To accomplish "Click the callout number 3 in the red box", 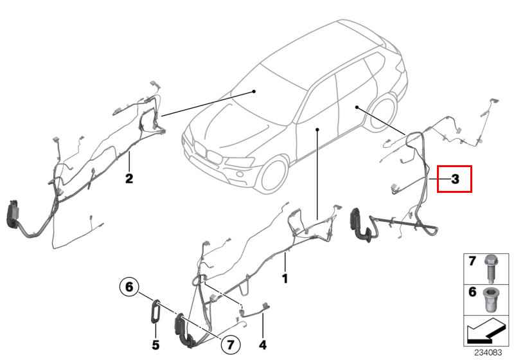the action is tap(455, 179).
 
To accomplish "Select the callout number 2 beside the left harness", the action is tap(129, 179).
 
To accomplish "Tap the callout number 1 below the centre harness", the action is tap(285, 279).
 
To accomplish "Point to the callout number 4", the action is tap(263, 345).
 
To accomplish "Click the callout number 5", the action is tap(155, 345).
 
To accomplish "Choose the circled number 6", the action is tap(129, 287).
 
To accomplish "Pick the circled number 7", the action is tap(231, 345).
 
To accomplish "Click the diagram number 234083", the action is tap(488, 353).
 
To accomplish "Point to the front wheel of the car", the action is tap(272, 175).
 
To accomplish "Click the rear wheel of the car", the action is tap(382, 113).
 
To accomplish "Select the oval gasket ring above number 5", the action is tap(155, 312).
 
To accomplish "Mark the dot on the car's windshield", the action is tap(254, 91).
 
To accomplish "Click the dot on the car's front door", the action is tap(317, 129).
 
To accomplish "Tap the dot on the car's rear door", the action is tap(357, 107).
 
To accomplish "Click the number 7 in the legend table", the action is tap(472, 261).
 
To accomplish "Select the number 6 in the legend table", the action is tap(472, 291).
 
